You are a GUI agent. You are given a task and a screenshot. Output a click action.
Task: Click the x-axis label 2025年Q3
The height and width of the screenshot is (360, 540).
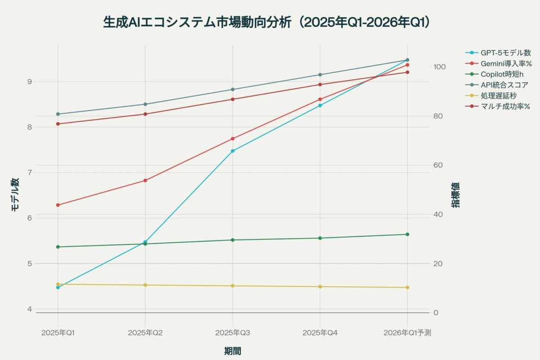click(x=233, y=333)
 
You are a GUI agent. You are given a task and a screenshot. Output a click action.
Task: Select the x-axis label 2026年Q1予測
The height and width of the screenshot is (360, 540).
click(x=407, y=333)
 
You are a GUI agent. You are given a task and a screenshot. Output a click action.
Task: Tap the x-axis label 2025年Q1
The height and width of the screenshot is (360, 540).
click(x=58, y=333)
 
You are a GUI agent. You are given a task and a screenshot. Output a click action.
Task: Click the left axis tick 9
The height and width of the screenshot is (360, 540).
click(x=29, y=81)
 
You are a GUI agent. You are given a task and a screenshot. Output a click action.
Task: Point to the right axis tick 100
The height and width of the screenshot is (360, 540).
click(x=439, y=67)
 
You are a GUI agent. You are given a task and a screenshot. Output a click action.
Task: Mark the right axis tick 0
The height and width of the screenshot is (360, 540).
click(x=435, y=313)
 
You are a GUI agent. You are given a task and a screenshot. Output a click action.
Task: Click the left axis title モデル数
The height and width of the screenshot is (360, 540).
click(x=15, y=194)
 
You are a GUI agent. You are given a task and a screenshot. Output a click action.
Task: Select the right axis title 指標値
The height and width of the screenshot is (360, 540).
click(x=455, y=194)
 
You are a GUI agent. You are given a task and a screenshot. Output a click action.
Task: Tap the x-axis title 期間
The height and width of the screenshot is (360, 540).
click(x=233, y=351)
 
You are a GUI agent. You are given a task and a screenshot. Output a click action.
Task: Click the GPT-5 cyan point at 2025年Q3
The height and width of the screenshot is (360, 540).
click(x=233, y=151)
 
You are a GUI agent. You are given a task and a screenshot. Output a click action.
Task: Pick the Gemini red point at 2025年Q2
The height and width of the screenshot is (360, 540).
click(x=145, y=180)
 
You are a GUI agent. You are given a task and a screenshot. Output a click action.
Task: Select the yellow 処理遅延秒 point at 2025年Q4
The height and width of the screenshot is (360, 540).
click(x=320, y=287)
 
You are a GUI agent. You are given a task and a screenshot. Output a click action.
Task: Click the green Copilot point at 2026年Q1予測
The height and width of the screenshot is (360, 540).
click(x=407, y=234)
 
